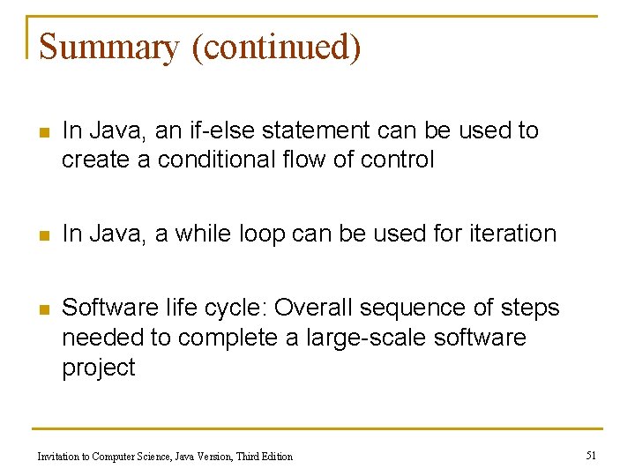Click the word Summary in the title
108,47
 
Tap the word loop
262,234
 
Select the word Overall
312,308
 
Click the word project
98,368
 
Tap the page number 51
591,455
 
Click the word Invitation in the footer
58,456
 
